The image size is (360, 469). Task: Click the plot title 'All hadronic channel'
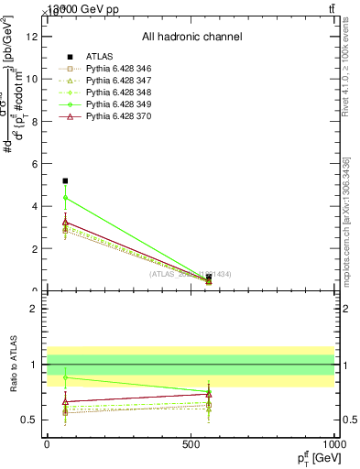click(x=191, y=37)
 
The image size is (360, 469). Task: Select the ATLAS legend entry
click(x=99, y=56)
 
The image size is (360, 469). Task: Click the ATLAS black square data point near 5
click(x=65, y=181)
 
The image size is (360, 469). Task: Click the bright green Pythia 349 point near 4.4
click(x=65, y=198)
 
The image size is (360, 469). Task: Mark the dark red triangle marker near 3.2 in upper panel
click(x=65, y=222)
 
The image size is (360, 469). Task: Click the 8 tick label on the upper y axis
click(x=35, y=121)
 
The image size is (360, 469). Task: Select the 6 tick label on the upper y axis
click(x=35, y=164)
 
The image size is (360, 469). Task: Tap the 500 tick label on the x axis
click(x=191, y=444)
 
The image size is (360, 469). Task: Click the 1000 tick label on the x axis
click(x=335, y=444)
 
